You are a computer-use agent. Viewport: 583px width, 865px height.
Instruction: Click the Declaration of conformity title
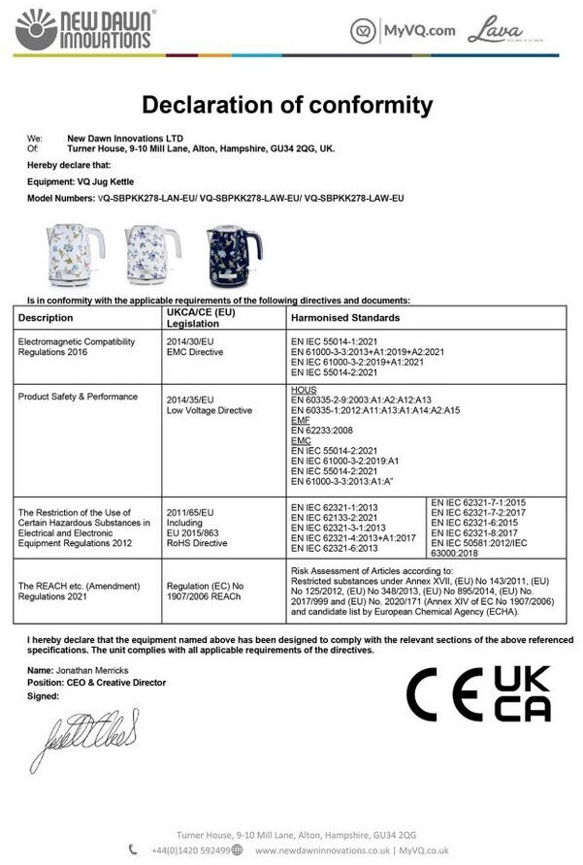click(287, 104)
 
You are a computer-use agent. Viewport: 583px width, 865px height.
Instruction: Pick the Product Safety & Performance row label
click(78, 397)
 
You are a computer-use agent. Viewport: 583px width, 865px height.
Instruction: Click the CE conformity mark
click(446, 695)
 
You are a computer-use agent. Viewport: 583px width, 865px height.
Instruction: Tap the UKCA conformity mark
click(522, 694)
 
